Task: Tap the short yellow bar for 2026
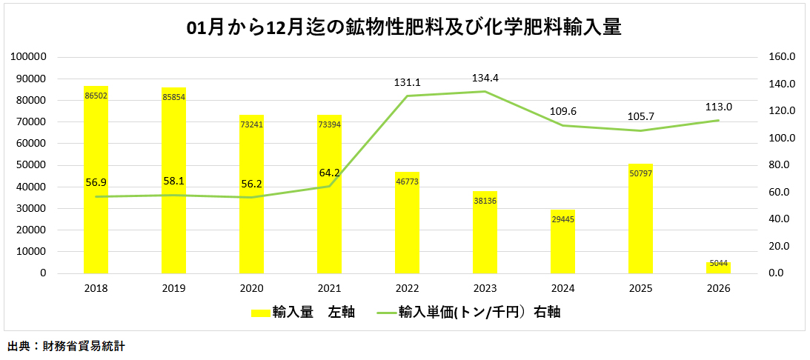[x=718, y=268]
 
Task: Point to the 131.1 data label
[x=407, y=83]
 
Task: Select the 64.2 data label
[x=329, y=173]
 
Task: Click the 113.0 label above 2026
[x=718, y=106]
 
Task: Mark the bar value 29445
[x=562, y=219]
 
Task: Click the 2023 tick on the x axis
[x=485, y=288]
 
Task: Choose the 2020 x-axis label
[x=251, y=288]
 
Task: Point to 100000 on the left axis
[x=31, y=57]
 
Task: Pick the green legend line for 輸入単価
[x=385, y=313]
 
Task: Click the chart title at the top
[x=404, y=28]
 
